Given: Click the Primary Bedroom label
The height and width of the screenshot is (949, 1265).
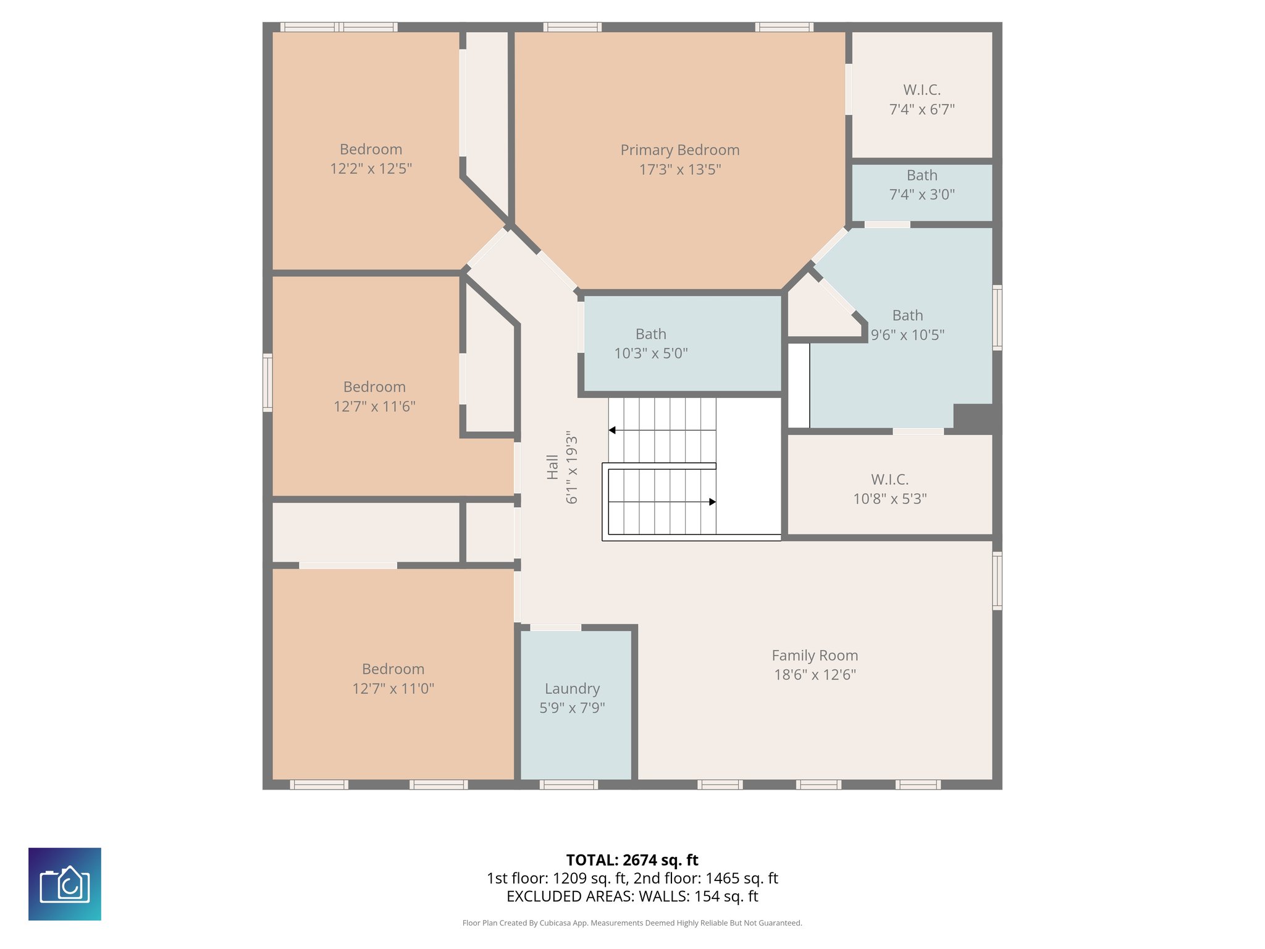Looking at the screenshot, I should click(x=679, y=150).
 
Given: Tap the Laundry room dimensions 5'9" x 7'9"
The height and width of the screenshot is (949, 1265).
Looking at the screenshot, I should click(x=572, y=708).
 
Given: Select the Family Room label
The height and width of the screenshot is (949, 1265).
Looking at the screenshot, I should click(x=814, y=656).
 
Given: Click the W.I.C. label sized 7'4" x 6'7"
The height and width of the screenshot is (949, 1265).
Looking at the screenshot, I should click(x=922, y=90).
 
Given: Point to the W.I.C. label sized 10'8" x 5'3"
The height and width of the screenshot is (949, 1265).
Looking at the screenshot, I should click(x=889, y=479).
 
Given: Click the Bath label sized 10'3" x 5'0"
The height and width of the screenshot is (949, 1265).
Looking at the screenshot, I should click(x=650, y=334).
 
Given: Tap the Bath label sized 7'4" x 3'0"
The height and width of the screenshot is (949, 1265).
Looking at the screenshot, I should click(x=922, y=175).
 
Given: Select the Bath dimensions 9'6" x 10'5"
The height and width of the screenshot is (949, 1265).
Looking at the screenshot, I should click(x=907, y=335).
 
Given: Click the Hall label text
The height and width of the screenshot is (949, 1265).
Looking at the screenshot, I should click(x=552, y=467).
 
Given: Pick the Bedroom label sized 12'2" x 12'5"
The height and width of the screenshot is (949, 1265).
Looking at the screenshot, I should click(x=371, y=150).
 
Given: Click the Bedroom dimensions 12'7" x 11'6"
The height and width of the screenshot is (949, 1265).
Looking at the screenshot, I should click(x=374, y=407).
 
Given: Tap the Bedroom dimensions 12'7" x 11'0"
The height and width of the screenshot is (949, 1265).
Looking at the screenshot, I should click(x=393, y=689).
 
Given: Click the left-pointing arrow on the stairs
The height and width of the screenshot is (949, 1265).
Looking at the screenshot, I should click(x=612, y=430).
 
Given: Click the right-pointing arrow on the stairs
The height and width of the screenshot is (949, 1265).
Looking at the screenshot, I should click(x=712, y=502).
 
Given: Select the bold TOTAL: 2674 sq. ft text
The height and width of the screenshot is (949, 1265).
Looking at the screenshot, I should click(x=632, y=860).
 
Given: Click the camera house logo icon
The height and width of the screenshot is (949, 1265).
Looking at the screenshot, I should click(x=65, y=884).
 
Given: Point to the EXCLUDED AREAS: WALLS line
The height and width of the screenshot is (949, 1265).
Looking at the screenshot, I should click(x=632, y=896).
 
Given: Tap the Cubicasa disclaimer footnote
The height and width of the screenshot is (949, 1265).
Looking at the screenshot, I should click(x=632, y=923).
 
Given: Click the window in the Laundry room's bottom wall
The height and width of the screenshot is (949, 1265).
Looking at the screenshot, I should click(x=568, y=785).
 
